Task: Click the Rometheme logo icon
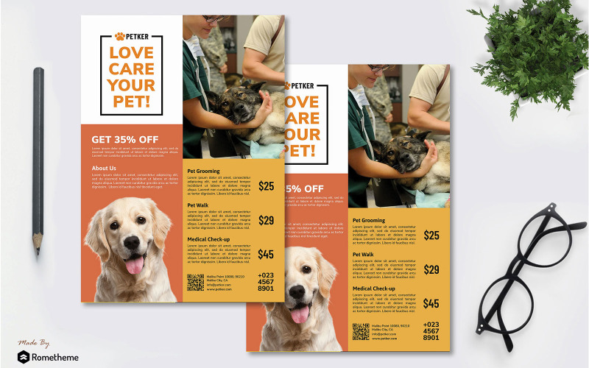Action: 25,357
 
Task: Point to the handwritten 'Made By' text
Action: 35,342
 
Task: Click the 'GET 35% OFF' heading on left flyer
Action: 124,139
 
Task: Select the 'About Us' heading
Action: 104,169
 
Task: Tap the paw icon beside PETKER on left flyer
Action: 119,36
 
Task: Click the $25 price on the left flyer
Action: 266,186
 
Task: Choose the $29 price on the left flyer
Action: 266,220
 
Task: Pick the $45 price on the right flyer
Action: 431,303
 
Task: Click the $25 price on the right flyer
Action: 431,236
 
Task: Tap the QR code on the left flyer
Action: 195,282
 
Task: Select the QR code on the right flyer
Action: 361,331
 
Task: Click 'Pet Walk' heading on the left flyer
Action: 198,205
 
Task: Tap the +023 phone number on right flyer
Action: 431,325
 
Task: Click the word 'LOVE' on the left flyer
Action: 131,53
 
